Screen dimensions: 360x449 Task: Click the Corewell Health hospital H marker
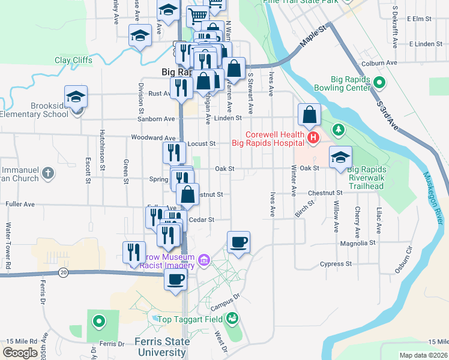pyautogui.click(x=313, y=139)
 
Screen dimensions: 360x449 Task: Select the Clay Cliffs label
pyautogui.click(x=73, y=60)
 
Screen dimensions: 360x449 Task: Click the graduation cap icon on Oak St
pyautogui.click(x=340, y=157)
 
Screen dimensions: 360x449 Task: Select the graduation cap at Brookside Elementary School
pyautogui.click(x=76, y=96)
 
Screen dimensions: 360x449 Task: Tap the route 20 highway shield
pyautogui.click(x=63, y=272)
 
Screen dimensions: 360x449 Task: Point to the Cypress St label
pyautogui.click(x=336, y=264)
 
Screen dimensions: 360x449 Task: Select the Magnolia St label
pyautogui.click(x=357, y=243)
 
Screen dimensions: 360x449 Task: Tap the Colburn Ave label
pyautogui.click(x=379, y=62)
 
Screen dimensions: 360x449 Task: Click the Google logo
pyautogui.click(x=20, y=353)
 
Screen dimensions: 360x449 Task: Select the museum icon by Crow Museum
pyautogui.click(x=203, y=260)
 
